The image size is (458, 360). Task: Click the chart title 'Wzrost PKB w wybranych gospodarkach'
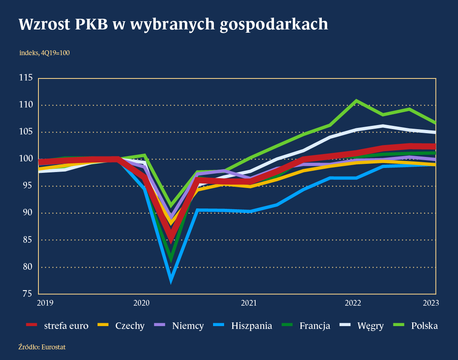click(173, 25)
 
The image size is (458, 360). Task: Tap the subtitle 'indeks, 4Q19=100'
click(44, 53)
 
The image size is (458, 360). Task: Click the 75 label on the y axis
click(27, 294)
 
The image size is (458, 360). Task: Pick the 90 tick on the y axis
click(27, 213)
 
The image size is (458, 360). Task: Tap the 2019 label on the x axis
click(45, 303)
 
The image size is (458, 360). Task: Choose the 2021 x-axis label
click(248, 303)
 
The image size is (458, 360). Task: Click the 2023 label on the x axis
click(430, 303)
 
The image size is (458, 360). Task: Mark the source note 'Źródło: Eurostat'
click(42, 347)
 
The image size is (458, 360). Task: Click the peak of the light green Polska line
click(357, 101)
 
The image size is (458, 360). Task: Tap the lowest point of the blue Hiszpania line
click(171, 280)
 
